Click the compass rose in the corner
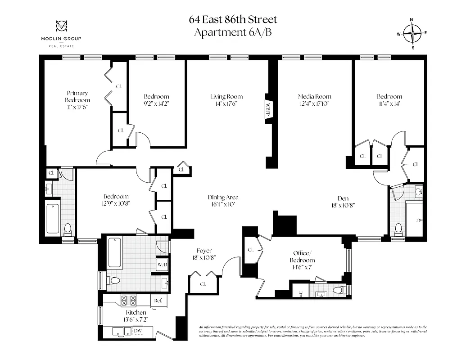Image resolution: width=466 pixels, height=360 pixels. pos(412,33)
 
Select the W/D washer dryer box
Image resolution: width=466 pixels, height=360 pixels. pos(162,264)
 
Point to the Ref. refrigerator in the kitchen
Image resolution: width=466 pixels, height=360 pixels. pos(158,300)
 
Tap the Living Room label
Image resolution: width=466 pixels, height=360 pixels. pos(226,96)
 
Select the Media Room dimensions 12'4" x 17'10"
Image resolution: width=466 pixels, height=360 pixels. pos(314,103)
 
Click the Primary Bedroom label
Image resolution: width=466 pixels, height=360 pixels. pos(77,96)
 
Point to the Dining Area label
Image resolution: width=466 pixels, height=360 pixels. pos(223,197)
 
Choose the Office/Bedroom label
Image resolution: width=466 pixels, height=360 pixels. pos(302,256)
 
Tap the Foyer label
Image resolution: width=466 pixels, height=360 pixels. pos(204,251)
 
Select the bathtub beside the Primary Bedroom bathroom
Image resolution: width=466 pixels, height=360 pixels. pos(53,219)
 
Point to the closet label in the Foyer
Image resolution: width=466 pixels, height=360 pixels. pos(203,284)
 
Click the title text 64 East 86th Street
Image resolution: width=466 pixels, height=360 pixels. pos(233,20)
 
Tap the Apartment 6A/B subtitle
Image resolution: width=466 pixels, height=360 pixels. pos(233,32)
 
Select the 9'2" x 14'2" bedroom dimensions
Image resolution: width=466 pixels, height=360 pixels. pos(156,103)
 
